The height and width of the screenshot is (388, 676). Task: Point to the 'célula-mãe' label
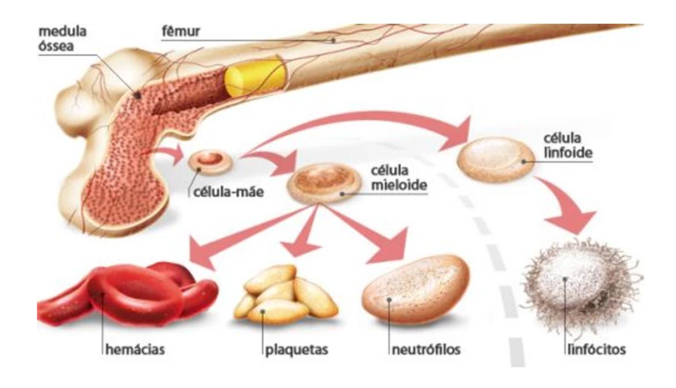[228, 191]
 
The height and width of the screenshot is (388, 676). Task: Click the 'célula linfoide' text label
[570, 147]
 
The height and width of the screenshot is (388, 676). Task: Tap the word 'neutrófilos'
[427, 350]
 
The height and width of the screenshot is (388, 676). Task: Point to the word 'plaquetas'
[298, 350]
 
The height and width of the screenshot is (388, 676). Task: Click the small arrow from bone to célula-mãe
[171, 155]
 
